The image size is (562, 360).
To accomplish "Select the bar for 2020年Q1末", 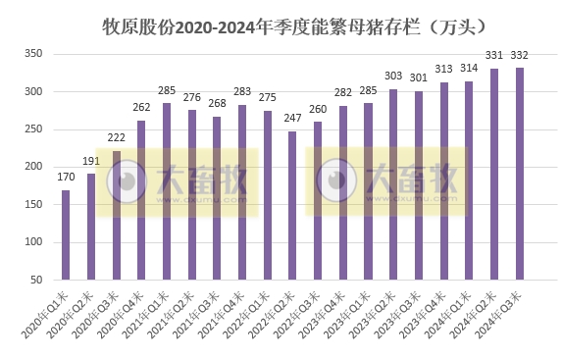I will click(66, 234).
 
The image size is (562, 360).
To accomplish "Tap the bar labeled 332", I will click(520, 173).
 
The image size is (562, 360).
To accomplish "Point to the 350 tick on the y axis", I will click(29, 54).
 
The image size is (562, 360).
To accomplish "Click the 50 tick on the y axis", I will click(32, 280).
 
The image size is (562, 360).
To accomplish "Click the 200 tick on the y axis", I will click(29, 167).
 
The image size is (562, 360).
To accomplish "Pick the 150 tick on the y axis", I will click(29, 204).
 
